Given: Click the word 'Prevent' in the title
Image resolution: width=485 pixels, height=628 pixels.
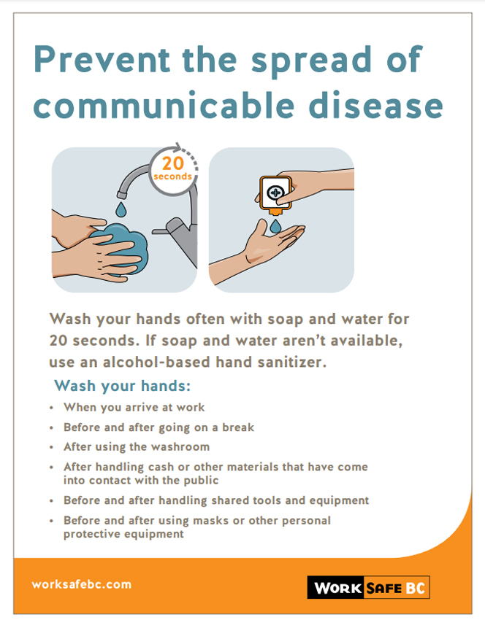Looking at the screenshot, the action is coord(102,59).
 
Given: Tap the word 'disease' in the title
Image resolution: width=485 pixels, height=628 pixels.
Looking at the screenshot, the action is coord(376,105).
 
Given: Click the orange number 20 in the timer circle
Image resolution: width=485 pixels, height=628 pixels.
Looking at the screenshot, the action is coord(173,163).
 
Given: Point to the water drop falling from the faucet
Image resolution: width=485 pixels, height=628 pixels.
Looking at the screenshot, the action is coord(121,209).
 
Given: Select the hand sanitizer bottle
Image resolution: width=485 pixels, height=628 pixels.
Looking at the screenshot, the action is coord(275,194).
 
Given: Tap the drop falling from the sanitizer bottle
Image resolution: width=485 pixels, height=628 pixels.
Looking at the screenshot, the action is coord(275,226).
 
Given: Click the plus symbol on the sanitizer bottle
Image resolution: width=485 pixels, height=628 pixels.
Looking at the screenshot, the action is coord(275,193).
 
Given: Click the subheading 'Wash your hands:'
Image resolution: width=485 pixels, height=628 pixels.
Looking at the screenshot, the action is coord(123,386).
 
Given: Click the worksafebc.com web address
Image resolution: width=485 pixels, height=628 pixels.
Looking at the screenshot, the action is coord(81,584).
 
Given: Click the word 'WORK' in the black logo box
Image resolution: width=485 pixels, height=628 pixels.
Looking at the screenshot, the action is coord(337,589).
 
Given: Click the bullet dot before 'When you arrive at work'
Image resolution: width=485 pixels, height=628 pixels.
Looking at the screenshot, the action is coord(51,408).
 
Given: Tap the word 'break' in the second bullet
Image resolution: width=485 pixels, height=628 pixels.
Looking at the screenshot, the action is coord(238,427).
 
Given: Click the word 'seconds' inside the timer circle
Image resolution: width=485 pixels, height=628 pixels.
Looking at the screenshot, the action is coord(172,177).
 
